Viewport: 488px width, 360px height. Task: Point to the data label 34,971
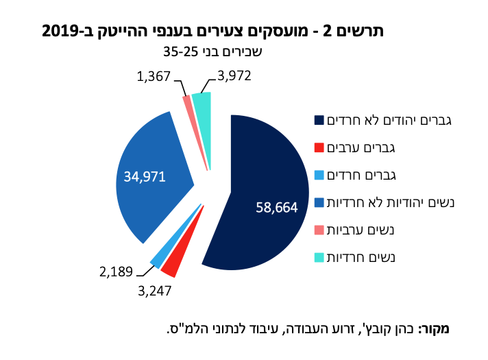click(145, 176)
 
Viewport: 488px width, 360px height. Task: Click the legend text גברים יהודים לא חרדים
click(390, 121)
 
